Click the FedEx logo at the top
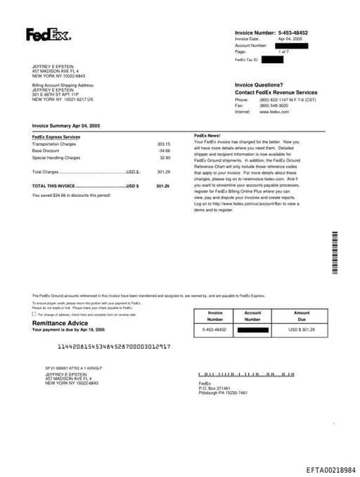coord(48,34)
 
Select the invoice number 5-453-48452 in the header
coord(293,33)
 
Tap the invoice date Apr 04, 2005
coord(290,39)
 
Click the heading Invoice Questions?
coord(259,84)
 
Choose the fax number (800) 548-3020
coord(274,106)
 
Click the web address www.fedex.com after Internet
coord(274,112)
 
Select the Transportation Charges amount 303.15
coord(163,144)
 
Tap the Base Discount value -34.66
coord(164,151)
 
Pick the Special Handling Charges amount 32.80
coord(165,158)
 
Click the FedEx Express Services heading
coord(56,136)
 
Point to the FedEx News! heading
coord(207,134)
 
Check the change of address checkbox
coord(34,314)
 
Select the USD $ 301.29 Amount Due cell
coord(302,329)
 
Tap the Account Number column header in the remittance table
coord(252,316)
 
